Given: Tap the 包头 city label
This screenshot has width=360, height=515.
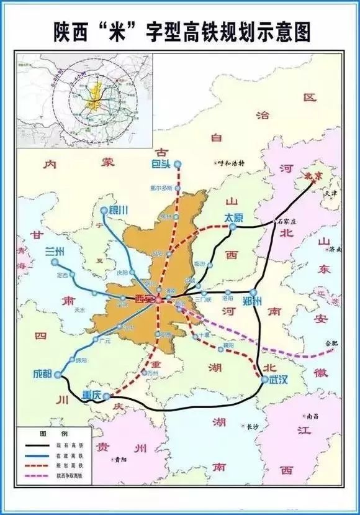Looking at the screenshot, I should [161, 164].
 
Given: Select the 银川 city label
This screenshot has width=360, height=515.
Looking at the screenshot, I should [118, 210].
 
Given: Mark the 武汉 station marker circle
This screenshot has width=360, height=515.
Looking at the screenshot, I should [264, 380].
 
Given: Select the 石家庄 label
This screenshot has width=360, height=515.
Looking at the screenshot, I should [288, 221].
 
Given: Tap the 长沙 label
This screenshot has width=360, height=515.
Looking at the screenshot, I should [251, 427].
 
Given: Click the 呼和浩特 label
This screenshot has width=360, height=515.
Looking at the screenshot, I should [229, 163].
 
